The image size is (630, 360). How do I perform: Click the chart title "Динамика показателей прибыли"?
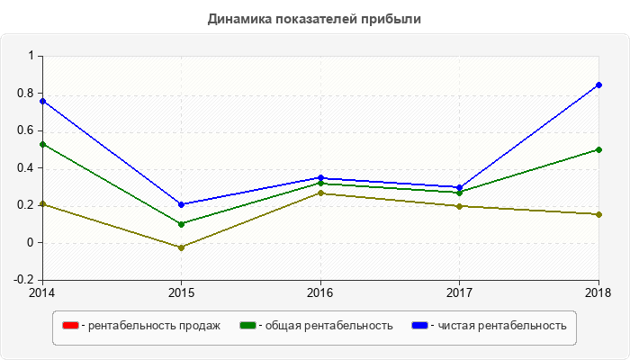[314, 18]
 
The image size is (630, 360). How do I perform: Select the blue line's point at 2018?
[598, 85]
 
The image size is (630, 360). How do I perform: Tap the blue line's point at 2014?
[42, 101]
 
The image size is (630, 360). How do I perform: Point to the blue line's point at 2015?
[181, 204]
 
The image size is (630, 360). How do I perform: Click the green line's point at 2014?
[42, 144]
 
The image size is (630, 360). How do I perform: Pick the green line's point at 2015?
[181, 224]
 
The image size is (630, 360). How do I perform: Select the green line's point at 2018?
[598, 149]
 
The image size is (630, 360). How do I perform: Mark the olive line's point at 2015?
[181, 247]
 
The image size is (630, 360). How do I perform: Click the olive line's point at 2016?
[320, 193]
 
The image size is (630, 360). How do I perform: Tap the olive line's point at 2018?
[598, 214]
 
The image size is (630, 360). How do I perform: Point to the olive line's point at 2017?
[459, 206]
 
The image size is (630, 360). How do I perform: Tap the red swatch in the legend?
[69, 326]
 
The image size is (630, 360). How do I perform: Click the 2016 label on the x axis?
[320, 292]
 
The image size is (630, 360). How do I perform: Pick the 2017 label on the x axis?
[459, 292]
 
